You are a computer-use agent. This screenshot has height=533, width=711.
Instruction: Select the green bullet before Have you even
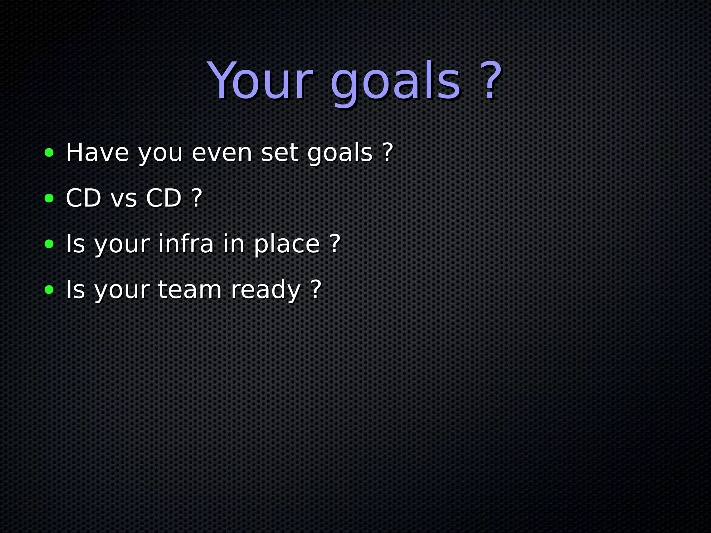click(49, 152)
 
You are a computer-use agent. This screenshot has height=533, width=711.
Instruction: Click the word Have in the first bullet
click(97, 152)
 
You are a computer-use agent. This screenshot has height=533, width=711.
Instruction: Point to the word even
click(221, 153)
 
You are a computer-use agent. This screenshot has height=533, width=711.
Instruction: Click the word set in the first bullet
click(280, 153)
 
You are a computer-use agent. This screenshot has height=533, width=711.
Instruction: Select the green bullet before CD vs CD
click(49, 198)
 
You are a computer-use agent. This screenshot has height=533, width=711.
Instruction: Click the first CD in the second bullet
click(83, 198)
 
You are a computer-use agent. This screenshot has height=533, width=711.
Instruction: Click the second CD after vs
click(164, 198)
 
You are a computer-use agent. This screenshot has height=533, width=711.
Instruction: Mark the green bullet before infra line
click(49, 244)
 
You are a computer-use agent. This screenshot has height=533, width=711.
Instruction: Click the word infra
click(186, 244)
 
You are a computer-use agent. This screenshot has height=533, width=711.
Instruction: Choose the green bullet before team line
click(49, 289)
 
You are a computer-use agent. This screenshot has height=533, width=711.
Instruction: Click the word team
click(190, 289)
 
